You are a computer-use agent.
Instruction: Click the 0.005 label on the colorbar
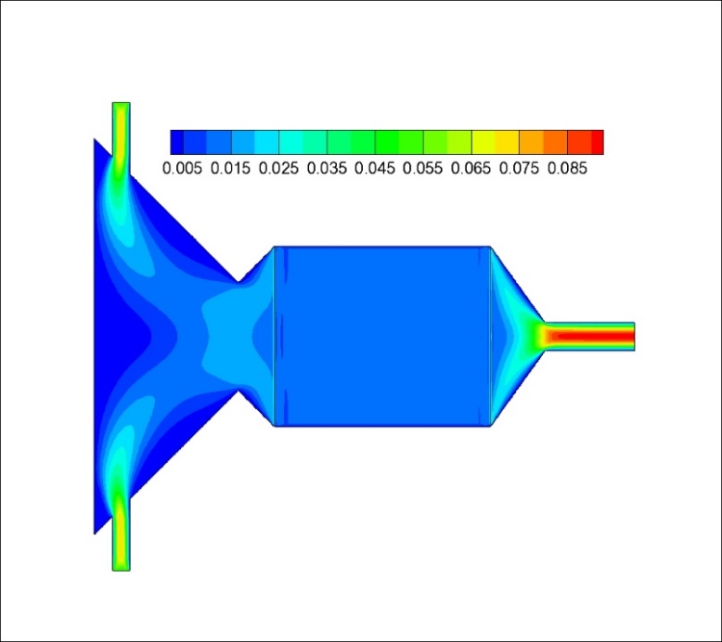182,169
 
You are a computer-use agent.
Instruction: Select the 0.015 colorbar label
230,169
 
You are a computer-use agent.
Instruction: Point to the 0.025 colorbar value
278,169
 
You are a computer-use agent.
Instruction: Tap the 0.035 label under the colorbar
327,169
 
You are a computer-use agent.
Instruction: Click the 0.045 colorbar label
374,169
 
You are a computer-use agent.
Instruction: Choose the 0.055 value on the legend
422,169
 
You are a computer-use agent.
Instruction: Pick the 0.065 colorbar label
471,169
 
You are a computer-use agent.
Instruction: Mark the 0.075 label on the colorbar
519,169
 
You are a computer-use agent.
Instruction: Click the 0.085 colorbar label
567,169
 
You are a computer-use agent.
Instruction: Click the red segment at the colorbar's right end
598,142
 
